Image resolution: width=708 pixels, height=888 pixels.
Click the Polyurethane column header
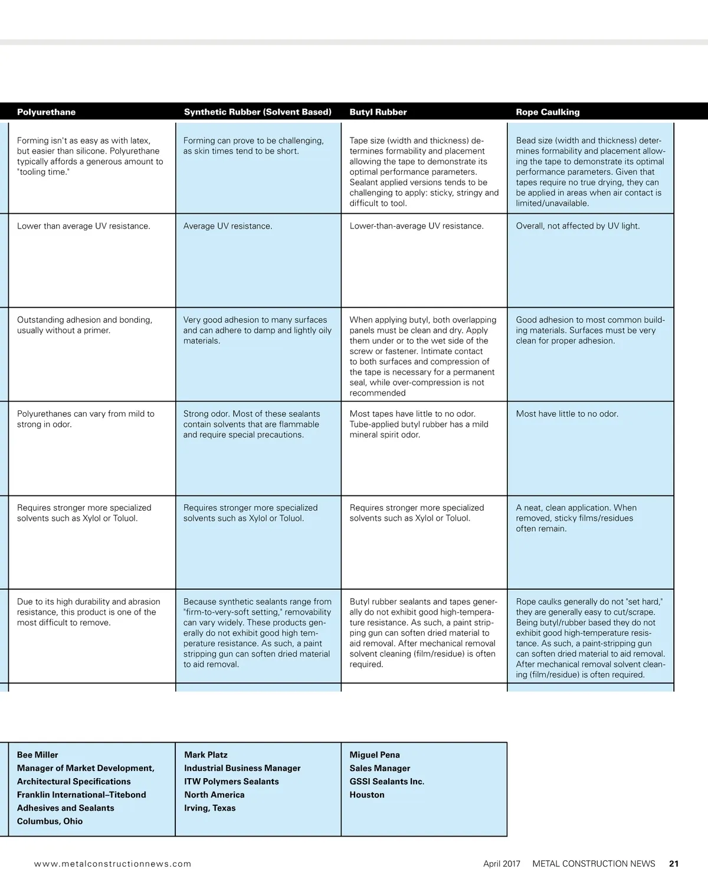(46, 112)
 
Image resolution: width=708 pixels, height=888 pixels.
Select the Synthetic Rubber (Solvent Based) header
(257, 112)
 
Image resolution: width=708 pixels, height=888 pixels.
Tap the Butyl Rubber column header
(378, 112)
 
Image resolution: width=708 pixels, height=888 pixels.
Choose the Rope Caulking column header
(548, 112)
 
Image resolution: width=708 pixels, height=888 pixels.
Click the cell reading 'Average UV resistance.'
(228, 226)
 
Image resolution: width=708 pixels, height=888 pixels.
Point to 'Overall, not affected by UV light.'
(578, 226)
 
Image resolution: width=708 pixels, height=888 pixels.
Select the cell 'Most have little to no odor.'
(567, 414)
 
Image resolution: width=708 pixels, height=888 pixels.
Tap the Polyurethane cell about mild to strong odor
(86, 419)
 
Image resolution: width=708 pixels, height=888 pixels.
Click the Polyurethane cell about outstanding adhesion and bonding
(84, 325)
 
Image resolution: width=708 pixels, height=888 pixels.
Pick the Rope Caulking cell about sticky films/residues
(576, 518)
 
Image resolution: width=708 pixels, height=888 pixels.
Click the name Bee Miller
(38, 755)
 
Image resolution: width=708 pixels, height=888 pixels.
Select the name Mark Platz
(205, 755)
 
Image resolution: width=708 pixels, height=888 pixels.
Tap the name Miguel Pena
(375, 755)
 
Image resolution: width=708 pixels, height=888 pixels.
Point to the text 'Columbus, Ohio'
(50, 821)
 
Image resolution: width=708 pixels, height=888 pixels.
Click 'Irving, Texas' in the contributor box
(209, 808)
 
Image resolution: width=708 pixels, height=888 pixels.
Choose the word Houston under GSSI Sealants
(367, 795)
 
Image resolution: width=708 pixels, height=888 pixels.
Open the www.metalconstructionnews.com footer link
(113, 863)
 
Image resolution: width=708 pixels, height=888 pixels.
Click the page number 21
(674, 863)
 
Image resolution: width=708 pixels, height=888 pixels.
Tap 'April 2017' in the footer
(501, 863)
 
